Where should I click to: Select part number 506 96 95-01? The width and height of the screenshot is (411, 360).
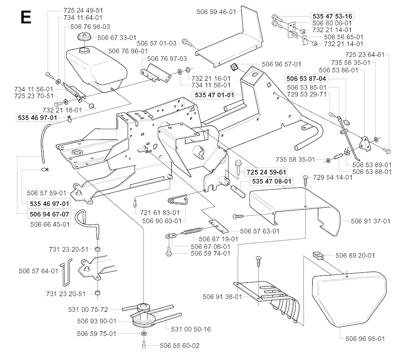click(364, 339)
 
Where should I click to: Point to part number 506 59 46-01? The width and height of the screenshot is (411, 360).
click(217, 12)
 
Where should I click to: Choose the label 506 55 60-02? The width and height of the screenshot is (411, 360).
click(179, 345)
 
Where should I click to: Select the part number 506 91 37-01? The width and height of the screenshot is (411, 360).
click(371, 221)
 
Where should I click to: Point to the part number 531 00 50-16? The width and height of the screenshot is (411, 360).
click(191, 329)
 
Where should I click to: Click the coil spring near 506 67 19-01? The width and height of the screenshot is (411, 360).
click(193, 231)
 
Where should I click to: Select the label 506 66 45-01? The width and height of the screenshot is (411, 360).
click(50, 224)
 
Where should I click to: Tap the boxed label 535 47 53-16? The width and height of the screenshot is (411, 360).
click(332, 16)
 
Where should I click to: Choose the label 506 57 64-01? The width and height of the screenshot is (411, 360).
click(39, 271)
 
